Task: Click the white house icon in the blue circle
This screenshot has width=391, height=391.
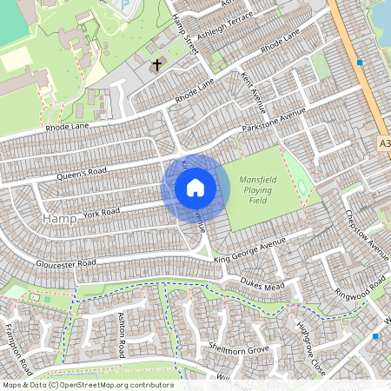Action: click(195, 188)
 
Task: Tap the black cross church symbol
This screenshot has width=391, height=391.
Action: click(157, 64)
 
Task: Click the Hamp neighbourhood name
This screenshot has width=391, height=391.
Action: click(58, 219)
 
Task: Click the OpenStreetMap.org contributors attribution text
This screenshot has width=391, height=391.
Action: click(116, 384)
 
